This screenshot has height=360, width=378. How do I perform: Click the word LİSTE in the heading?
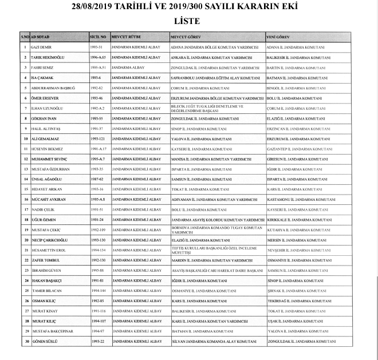click(189, 21)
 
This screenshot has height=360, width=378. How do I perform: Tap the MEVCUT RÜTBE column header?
click(127, 36)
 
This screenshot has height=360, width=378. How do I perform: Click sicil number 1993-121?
click(100, 139)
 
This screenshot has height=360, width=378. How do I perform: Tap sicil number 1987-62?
click(99, 179)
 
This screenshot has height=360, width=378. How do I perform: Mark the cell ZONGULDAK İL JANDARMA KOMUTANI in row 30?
click(301, 342)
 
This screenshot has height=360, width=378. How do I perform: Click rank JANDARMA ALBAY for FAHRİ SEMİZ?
click(128, 67)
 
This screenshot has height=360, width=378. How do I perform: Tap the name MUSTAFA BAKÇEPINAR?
click(52, 331)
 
